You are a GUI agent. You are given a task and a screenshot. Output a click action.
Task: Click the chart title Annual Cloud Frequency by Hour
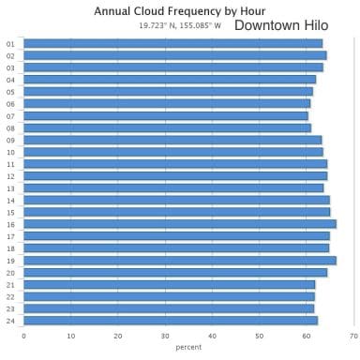(180, 11)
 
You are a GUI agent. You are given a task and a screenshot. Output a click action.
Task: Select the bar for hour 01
(172, 43)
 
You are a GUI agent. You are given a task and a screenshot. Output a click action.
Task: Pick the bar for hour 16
(179, 224)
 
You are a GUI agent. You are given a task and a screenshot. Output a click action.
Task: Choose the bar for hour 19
(179, 260)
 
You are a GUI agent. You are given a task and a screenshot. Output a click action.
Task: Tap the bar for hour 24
(170, 321)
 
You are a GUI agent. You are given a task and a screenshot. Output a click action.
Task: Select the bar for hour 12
(174, 175)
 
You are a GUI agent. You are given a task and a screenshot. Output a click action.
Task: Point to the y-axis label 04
(10, 80)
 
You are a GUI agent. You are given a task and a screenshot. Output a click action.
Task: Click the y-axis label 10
(10, 152)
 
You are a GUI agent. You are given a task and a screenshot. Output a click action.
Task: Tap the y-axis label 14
(10, 200)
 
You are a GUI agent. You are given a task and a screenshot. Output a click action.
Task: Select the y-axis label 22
(10, 296)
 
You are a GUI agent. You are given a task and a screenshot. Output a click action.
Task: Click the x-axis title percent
(188, 347)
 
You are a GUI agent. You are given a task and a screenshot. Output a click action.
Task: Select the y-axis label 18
(10, 248)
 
